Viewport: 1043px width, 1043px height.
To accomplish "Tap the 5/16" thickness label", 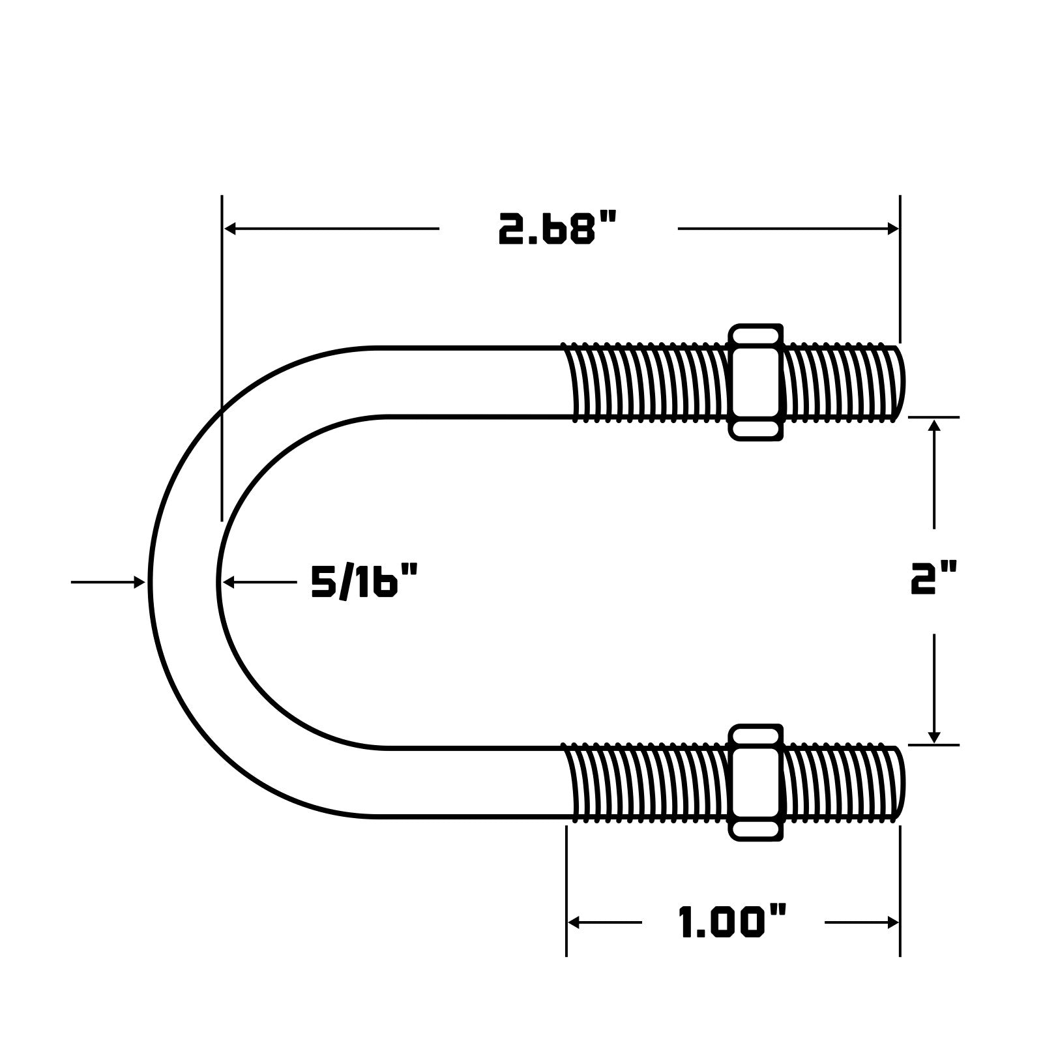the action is pos(364,581).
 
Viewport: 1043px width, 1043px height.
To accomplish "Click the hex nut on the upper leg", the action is pos(756,382).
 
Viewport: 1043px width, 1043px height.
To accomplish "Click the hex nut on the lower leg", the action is pos(756,782).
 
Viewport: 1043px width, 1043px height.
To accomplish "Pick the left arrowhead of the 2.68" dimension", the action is pos(229,229).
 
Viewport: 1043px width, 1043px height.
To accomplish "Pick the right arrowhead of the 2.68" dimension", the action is pos(892,229).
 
